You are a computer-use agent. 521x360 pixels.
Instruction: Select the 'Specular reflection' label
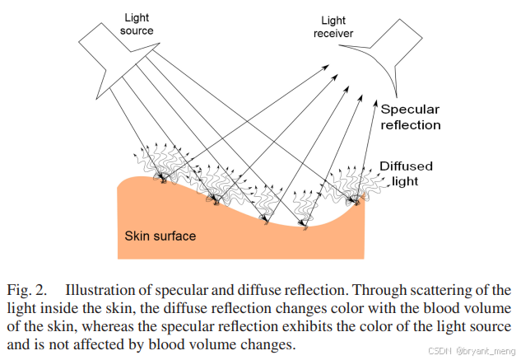tap(411, 117)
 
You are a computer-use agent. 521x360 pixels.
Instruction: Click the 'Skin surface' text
tap(160, 236)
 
